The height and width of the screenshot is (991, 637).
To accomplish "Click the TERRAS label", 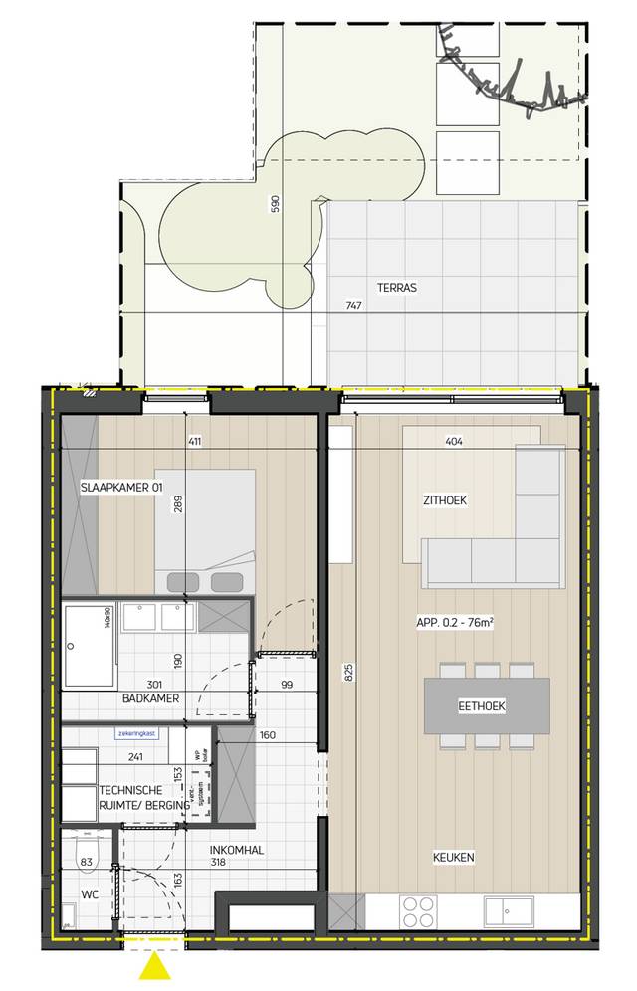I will coord(396,288).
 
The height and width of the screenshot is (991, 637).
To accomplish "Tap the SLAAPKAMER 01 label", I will coord(120,488).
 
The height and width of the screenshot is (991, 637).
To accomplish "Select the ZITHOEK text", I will coord(445,500).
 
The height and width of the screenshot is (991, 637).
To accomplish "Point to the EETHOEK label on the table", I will coord(482,706).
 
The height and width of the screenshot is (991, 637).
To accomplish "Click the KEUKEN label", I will coord(453,857).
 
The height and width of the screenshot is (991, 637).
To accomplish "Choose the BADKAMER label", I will coord(150,698).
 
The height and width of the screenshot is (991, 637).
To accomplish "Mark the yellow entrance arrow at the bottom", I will coord(155,968).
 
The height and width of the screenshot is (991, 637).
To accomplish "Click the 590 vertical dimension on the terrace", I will coord(276,205).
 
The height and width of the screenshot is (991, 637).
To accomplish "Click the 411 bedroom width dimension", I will coord(194,441).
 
